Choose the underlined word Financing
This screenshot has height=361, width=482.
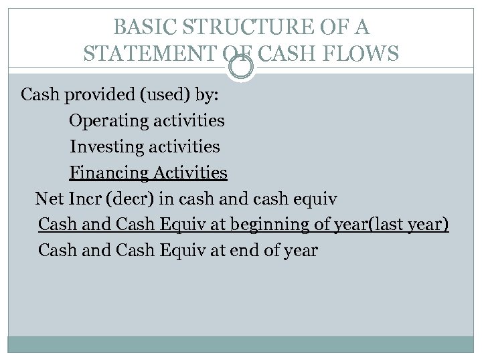[109, 173]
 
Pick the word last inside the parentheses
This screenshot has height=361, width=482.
[381, 225]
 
